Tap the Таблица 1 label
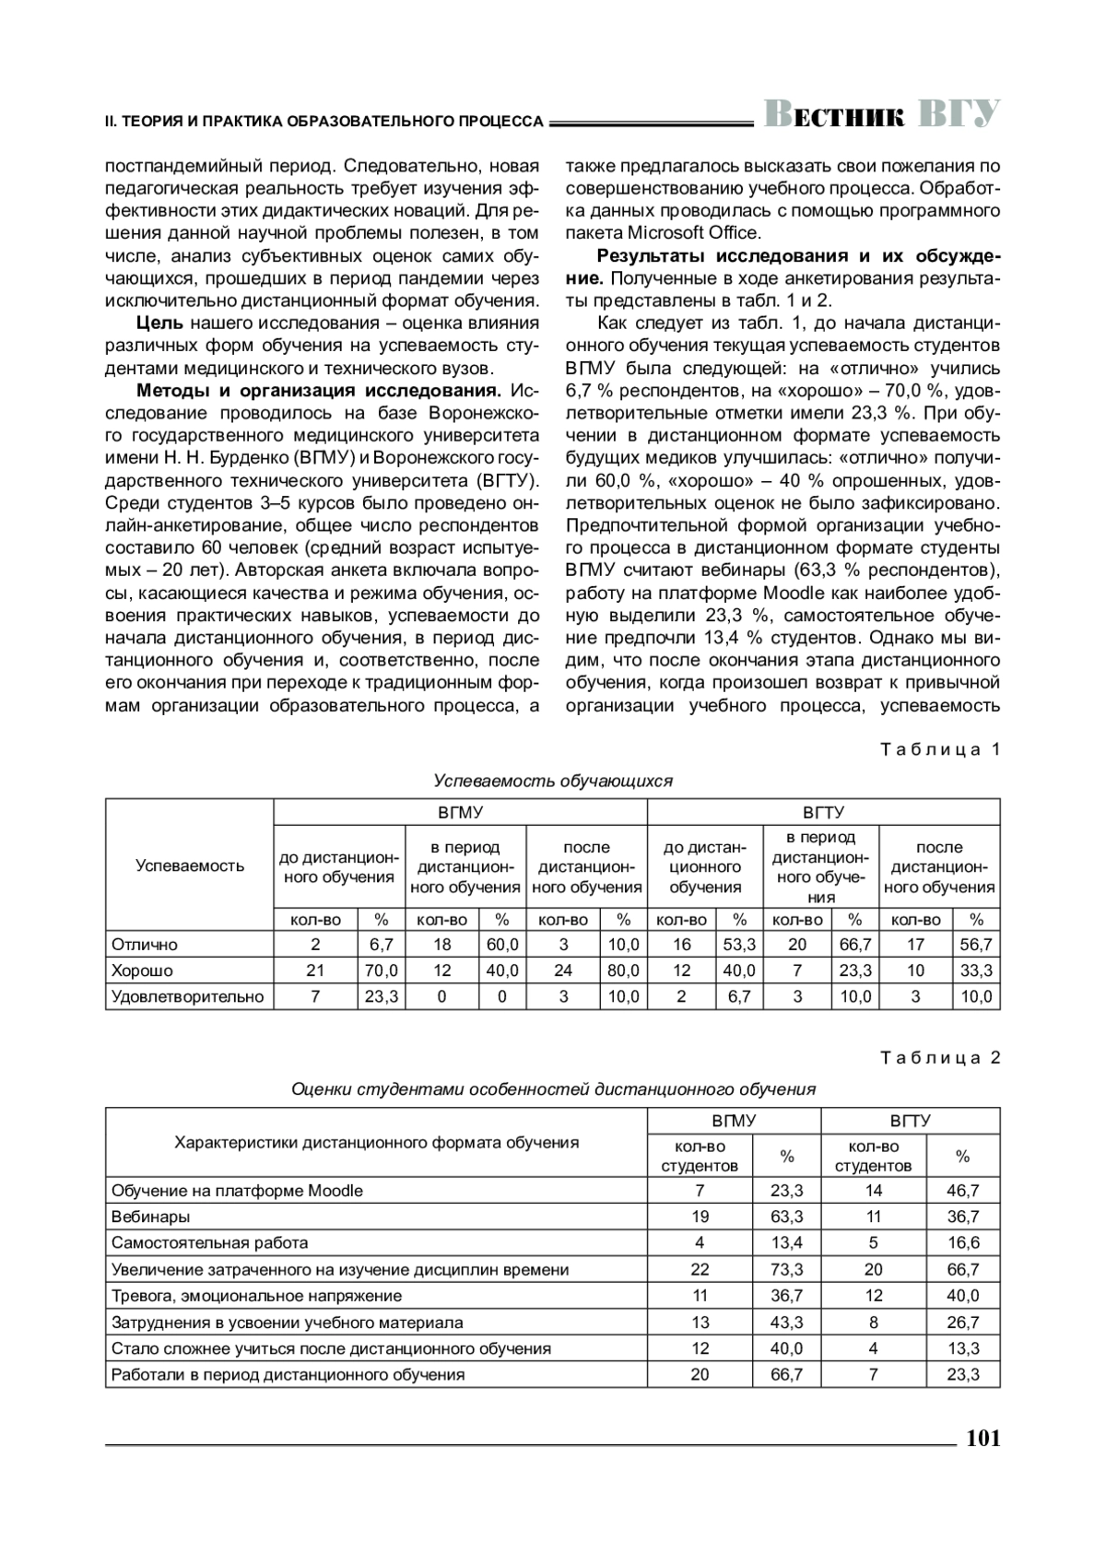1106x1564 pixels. tap(940, 749)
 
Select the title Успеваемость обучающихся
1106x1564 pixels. tap(553, 781)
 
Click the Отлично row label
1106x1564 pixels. tap(145, 945)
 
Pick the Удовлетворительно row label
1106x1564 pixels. tap(187, 996)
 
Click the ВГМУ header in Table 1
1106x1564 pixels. tap(460, 813)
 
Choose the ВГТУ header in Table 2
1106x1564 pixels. tap(910, 1121)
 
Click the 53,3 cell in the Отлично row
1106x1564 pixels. tap(739, 945)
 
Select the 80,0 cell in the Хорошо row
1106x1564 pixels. tap(623, 970)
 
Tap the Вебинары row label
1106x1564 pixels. tap(150, 1217)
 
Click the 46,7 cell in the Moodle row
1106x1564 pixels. tap(962, 1191)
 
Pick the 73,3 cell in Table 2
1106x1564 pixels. tap(786, 1269)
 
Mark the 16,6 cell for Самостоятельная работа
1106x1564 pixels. tap(962, 1242)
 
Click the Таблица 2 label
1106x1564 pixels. tap(940, 1057)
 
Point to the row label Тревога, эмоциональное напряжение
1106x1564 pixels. tap(256, 1296)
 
